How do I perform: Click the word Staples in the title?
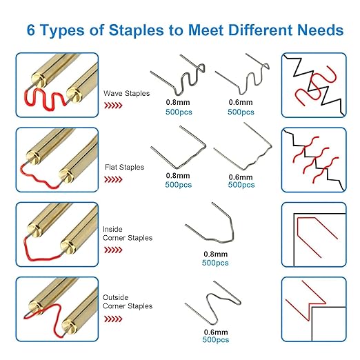point(136,30)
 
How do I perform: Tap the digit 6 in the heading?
point(31,30)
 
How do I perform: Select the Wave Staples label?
point(126,93)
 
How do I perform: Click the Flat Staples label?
point(124,167)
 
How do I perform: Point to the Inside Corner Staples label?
point(128,234)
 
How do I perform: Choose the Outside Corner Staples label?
point(128,301)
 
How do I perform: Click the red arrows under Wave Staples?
point(113,106)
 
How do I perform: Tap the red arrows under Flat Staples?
point(113,179)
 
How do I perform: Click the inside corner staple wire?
point(232,228)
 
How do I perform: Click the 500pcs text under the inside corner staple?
point(215,263)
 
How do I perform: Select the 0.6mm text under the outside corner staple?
point(216,332)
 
